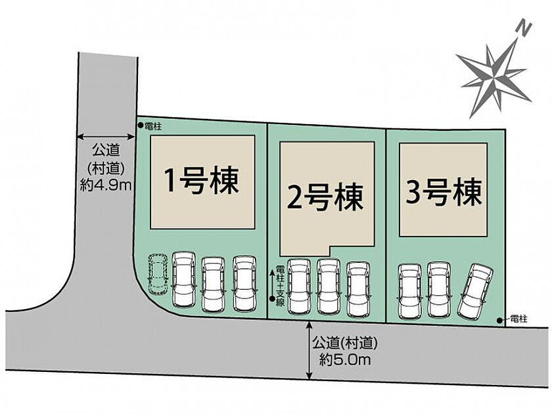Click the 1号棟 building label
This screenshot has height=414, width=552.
click(x=202, y=181)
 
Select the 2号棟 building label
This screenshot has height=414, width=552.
click(x=325, y=197)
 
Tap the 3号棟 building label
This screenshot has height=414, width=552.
click(x=444, y=192)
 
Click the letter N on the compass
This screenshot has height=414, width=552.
click(x=524, y=28)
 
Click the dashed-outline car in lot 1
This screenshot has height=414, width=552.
click(x=157, y=273)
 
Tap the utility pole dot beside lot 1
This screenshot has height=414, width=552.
click(x=140, y=125)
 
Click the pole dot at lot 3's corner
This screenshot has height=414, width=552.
click(x=499, y=320)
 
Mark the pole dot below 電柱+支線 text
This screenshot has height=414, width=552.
click(x=272, y=299)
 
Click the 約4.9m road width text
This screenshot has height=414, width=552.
click(x=106, y=185)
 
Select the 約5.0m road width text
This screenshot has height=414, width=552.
click(x=345, y=360)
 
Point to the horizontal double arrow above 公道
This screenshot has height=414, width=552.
click(x=106, y=137)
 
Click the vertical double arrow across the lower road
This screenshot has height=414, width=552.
click(x=310, y=351)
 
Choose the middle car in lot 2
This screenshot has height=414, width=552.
click(x=329, y=287)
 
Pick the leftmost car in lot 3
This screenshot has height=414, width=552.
click(x=410, y=292)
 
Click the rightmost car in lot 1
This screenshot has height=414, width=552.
click(x=244, y=283)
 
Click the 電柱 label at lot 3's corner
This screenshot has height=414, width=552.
click(x=518, y=319)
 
